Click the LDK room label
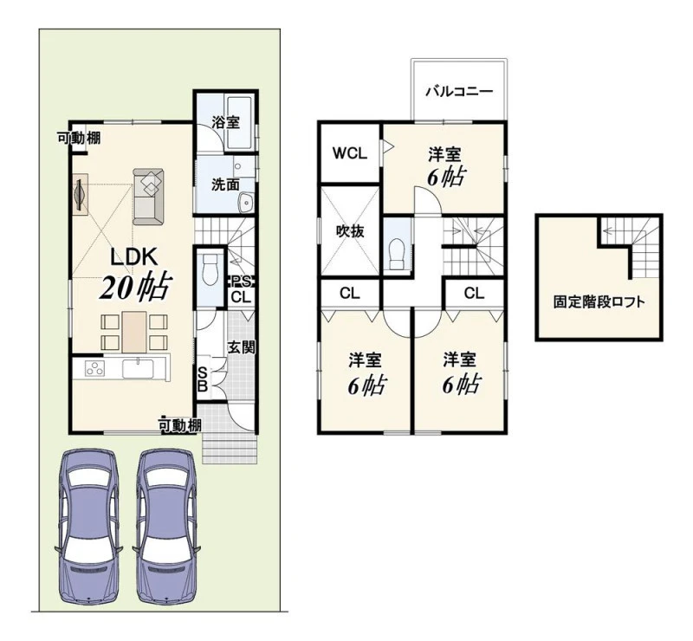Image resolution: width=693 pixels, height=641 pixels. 133,257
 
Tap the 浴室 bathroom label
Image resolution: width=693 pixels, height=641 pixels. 225,122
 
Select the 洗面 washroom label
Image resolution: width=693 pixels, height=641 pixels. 225,185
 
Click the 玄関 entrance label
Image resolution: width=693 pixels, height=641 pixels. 242,347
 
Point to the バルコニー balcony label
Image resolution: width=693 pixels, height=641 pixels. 459,92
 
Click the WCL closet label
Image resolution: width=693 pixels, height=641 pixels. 350,153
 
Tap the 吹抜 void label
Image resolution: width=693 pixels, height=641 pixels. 350,230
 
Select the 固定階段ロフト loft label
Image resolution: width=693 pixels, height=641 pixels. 599,302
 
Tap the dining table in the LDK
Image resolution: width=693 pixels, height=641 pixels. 134,332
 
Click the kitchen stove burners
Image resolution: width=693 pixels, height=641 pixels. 94,368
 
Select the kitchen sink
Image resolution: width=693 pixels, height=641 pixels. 138,369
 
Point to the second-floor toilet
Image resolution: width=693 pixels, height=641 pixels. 397,254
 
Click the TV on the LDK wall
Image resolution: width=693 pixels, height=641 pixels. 80,195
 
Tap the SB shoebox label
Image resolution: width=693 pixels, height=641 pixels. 203,379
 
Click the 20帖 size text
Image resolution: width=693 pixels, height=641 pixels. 136,288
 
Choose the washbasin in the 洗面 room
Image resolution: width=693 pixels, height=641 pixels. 245,203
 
